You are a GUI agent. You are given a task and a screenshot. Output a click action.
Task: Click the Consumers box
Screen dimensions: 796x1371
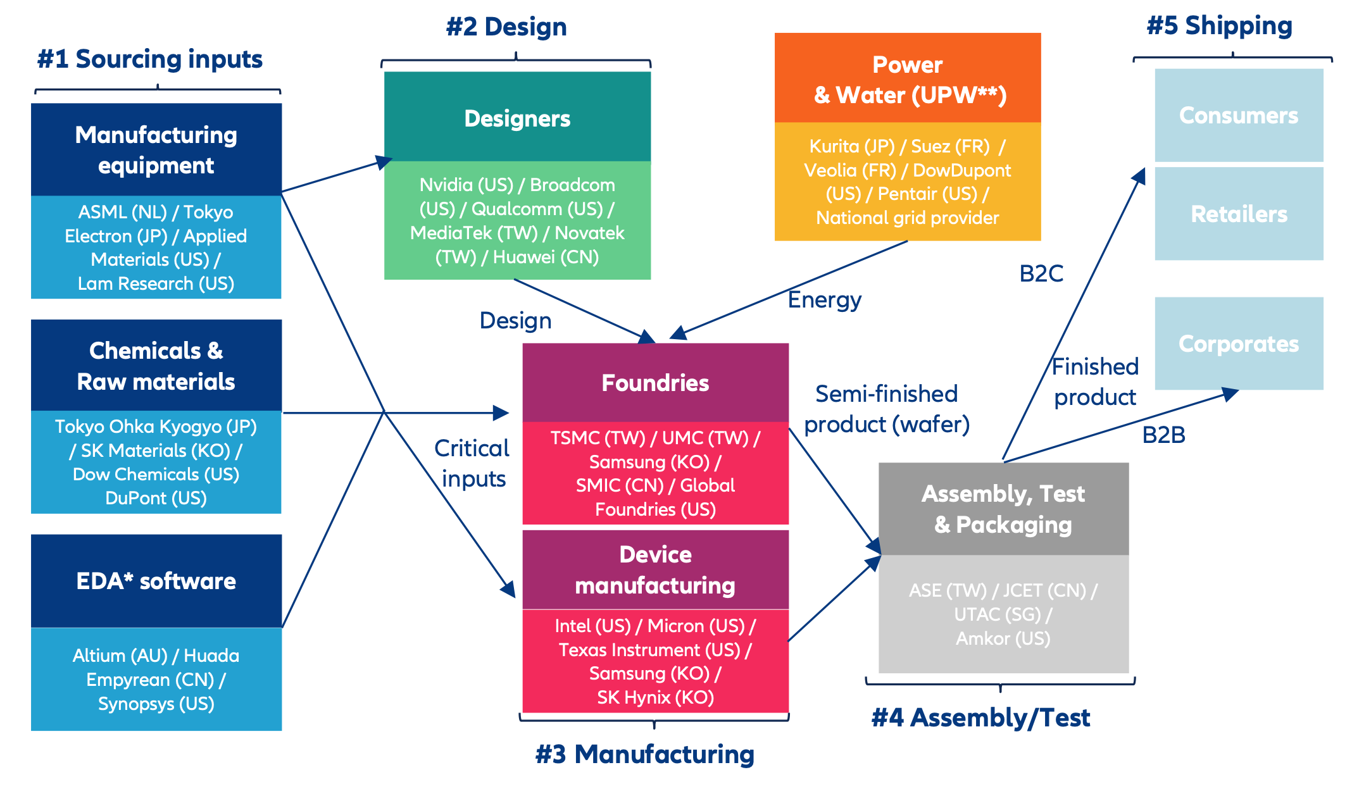pos(1238,115)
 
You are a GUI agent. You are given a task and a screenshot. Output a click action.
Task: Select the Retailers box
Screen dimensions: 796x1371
pos(1238,214)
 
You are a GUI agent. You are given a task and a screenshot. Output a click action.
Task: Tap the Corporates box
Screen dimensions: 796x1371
pos(1238,344)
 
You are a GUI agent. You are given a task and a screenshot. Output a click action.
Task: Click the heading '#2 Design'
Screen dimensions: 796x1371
pos(506,27)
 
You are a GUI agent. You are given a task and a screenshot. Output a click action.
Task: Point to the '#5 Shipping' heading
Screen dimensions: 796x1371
pos(1219,26)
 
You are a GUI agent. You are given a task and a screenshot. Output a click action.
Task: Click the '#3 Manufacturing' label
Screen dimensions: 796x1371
pos(644,754)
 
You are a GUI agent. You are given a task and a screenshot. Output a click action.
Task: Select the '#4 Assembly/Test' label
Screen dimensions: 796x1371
pos(980,718)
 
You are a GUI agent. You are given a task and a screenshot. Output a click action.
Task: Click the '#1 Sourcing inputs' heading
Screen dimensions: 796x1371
pos(150,59)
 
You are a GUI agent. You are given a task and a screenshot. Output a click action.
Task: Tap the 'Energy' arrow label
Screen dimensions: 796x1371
pos(824,300)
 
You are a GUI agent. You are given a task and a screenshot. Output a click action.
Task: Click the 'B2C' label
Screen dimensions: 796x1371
pos(1041,274)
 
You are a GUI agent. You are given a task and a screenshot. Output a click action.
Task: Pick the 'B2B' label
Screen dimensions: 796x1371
pos(1163,435)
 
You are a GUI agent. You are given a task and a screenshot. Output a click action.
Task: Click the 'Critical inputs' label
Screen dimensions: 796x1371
pos(472,463)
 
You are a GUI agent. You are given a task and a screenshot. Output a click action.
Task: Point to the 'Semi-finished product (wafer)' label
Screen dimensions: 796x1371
pos(886,409)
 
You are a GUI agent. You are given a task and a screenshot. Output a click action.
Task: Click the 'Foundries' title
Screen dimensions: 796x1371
pos(655,383)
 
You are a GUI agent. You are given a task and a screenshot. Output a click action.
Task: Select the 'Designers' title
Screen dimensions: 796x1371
pos(517,118)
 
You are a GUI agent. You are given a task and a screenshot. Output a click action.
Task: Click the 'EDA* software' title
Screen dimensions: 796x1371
pos(156,581)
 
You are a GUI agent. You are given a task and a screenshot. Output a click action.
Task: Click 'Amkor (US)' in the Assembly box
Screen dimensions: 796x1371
pos(1003,638)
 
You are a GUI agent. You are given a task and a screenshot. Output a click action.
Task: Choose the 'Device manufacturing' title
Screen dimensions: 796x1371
pos(655,569)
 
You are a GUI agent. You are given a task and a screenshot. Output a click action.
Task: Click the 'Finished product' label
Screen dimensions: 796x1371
pos(1095,382)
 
